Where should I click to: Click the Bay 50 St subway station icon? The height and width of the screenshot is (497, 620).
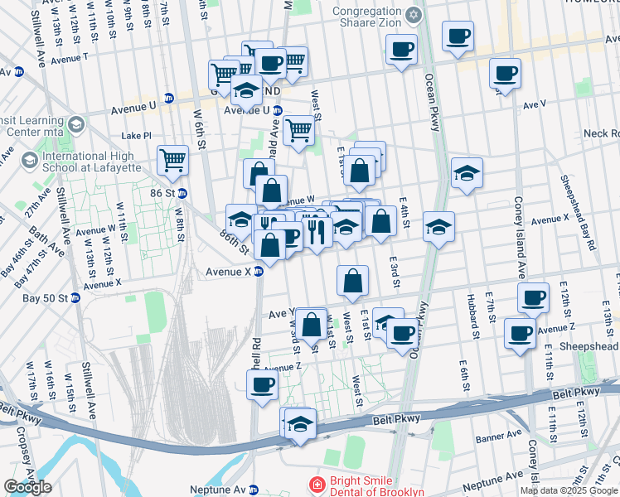[75, 298]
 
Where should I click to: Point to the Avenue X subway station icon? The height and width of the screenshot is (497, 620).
[258, 272]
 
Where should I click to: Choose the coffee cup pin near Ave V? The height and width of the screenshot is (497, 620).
[504, 73]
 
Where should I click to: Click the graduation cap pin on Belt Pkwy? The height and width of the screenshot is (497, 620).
[300, 423]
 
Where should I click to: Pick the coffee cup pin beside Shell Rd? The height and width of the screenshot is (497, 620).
[263, 384]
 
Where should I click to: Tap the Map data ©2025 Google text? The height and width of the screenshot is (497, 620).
[569, 490]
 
